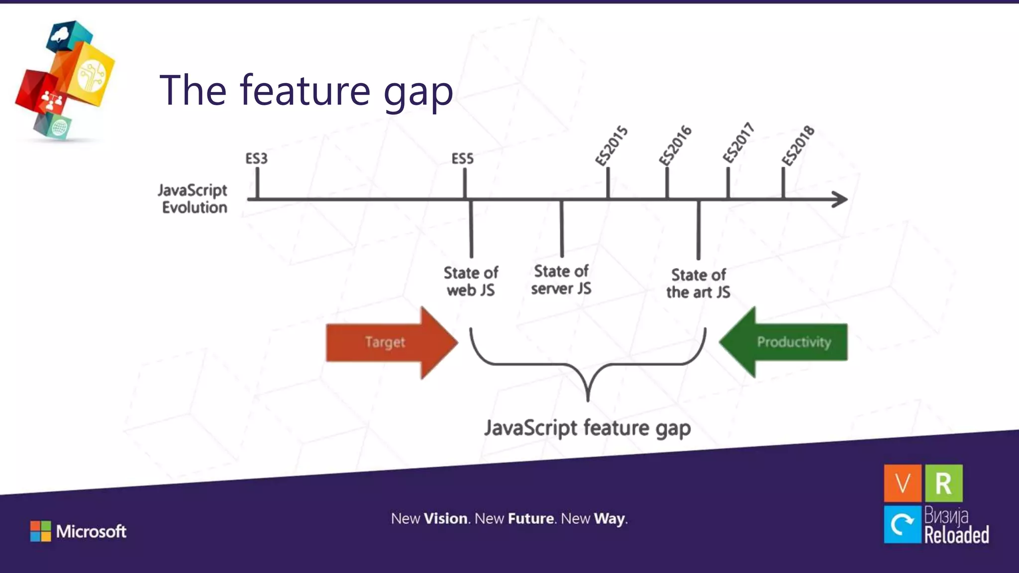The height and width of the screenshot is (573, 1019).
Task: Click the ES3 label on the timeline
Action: point(256,159)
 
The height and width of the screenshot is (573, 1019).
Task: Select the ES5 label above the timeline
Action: point(462,159)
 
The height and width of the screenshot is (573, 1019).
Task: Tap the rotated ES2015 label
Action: point(611,146)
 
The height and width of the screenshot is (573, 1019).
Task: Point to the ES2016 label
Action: point(675,145)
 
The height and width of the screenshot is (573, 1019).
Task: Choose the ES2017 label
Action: point(738,143)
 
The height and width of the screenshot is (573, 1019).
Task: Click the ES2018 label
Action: point(798,146)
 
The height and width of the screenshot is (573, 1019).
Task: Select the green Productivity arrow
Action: point(786,342)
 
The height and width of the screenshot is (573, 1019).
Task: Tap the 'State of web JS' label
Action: point(471,282)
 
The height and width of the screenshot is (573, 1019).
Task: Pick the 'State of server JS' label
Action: point(561,280)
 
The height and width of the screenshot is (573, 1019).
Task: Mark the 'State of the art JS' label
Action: point(698,284)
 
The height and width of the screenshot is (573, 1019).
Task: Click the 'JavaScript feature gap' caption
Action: point(588,428)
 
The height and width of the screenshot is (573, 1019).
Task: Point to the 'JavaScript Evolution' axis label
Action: point(194,199)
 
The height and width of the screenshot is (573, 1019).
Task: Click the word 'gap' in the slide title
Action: point(418,93)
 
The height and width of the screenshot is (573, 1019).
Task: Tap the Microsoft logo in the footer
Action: point(79,531)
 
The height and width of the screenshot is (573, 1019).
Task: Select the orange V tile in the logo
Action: point(903,483)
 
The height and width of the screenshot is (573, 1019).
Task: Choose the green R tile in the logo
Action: point(944,483)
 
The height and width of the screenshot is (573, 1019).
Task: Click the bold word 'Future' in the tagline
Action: point(530,519)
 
